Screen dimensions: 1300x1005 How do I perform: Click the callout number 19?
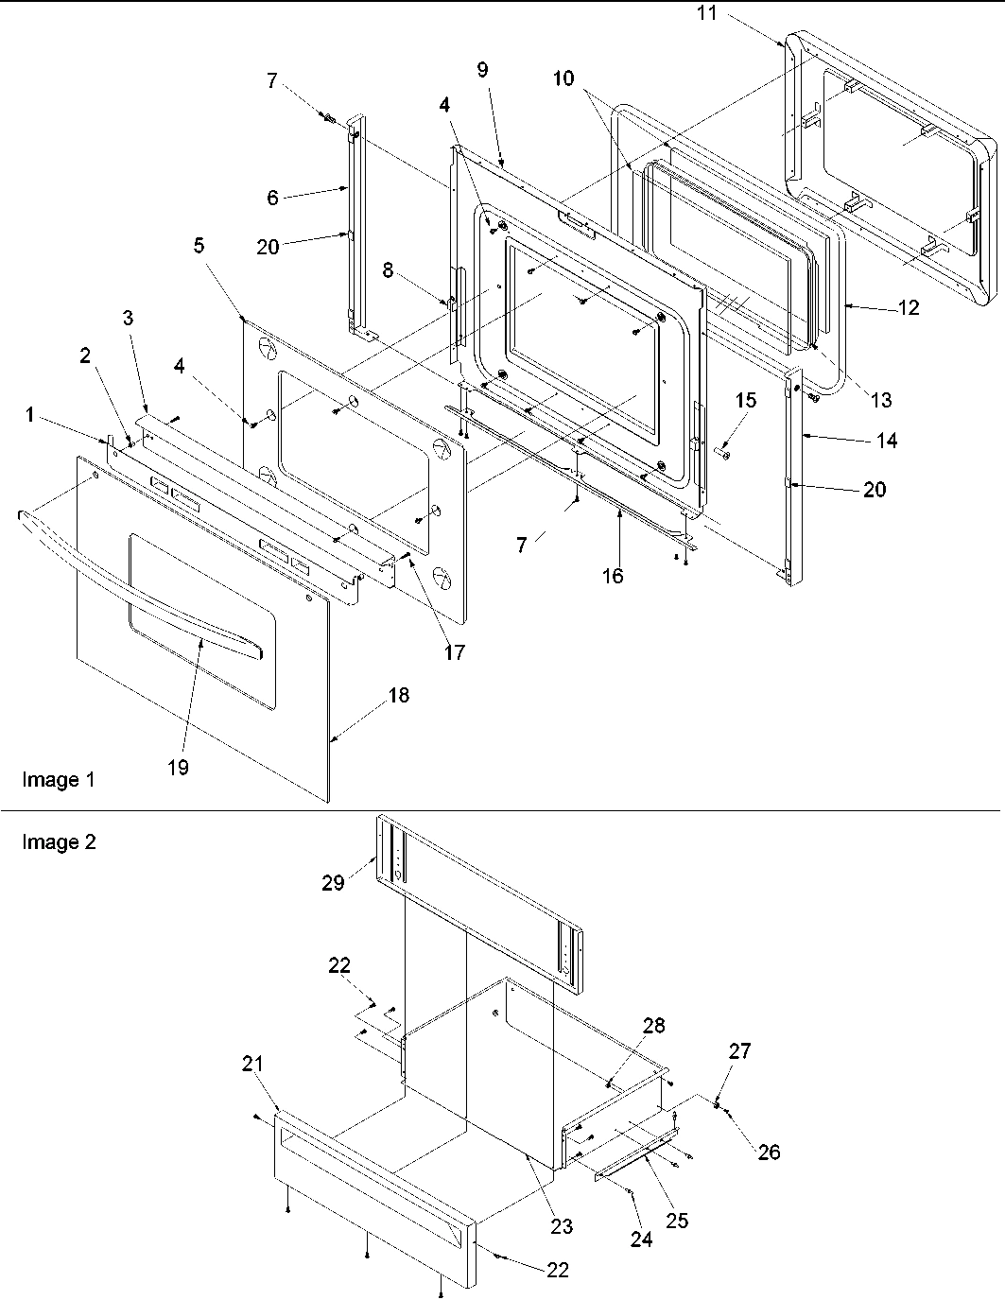coord(178,768)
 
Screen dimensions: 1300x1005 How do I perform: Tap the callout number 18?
coord(398,696)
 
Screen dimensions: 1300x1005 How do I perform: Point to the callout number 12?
coord(907,308)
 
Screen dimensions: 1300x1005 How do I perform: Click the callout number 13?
coord(880,401)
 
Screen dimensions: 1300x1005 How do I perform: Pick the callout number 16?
coord(613,575)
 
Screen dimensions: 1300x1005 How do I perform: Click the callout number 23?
coord(562,1226)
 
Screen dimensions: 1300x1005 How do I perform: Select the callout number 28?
coord(654,1026)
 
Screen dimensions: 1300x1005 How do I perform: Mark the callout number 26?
coord(770,1153)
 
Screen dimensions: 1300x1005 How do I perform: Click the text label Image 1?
coord(58,780)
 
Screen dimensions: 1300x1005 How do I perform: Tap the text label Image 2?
coord(58,842)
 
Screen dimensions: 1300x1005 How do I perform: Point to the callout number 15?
coord(745,400)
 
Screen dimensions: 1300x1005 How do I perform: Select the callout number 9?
coord(482,69)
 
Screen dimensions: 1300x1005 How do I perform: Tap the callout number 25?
coord(676,1221)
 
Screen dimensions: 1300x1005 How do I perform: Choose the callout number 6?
coord(272,197)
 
